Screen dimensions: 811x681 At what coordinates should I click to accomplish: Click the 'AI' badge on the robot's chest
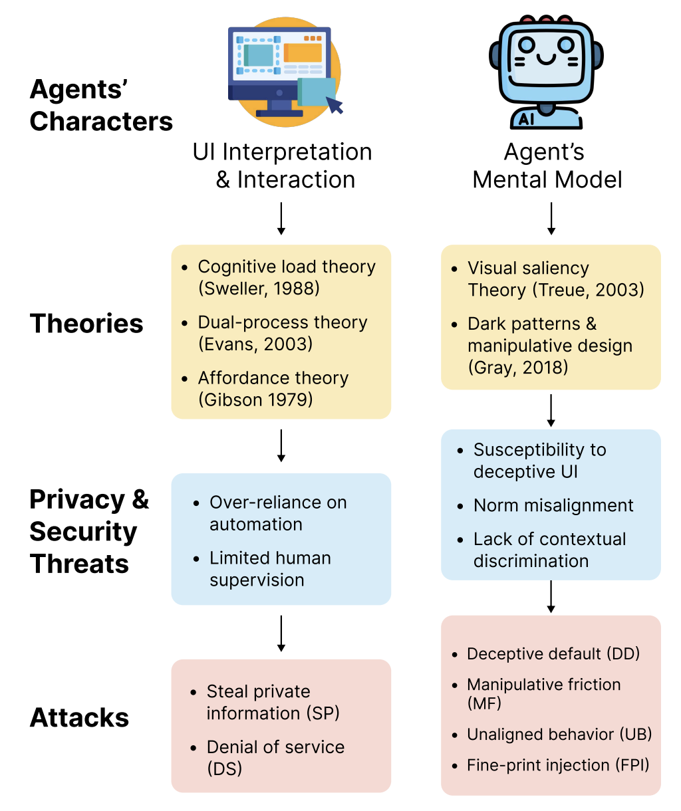(x=527, y=119)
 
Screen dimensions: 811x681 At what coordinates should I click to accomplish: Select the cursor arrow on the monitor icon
(x=335, y=105)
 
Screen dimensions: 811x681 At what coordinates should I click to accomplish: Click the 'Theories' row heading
(x=86, y=324)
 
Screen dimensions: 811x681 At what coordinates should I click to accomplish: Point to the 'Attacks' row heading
(x=79, y=718)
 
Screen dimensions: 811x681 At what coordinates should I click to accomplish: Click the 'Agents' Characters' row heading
(x=100, y=106)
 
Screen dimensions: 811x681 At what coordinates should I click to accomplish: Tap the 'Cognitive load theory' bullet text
(x=287, y=267)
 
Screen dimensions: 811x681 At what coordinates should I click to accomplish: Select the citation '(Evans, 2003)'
(x=255, y=344)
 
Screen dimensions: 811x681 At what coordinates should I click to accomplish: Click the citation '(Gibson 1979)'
(x=255, y=400)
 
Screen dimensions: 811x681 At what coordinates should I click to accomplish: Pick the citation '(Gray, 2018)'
(x=518, y=367)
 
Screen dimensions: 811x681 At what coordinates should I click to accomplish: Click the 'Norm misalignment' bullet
(x=553, y=505)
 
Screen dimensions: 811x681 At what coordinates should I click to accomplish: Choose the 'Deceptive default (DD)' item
(x=553, y=654)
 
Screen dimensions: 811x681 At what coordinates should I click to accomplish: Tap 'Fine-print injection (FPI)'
(x=558, y=765)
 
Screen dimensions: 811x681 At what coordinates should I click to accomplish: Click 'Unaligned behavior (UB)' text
(x=559, y=735)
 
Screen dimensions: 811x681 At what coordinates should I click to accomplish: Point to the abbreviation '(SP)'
(x=323, y=713)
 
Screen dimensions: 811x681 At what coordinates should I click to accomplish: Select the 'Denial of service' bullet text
(x=275, y=747)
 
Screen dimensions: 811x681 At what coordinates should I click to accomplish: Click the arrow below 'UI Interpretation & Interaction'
(x=281, y=219)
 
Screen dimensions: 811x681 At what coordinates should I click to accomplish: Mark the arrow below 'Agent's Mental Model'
(x=551, y=219)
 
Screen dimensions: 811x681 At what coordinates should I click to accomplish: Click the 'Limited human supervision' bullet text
(x=270, y=569)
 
